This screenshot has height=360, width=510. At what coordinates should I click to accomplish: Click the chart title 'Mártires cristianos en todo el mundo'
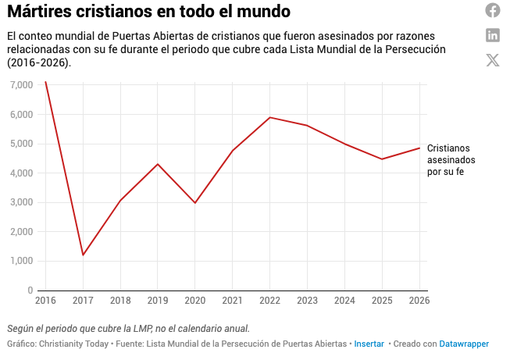(x=148, y=12)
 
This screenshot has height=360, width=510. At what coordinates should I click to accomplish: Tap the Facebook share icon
(x=493, y=10)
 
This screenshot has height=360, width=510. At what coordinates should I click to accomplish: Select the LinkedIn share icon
(x=493, y=34)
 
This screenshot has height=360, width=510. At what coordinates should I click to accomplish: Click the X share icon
(x=493, y=59)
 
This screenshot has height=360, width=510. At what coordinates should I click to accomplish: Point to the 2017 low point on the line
(x=83, y=255)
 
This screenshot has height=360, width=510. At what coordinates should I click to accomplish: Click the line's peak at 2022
(x=269, y=117)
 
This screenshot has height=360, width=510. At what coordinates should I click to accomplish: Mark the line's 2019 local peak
(x=158, y=164)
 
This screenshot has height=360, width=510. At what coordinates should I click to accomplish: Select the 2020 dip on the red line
(x=195, y=203)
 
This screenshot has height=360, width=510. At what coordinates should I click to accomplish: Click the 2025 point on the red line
(x=382, y=159)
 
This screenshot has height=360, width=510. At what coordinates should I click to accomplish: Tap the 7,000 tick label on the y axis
(x=20, y=85)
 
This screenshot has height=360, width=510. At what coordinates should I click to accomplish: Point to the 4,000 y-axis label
(x=20, y=173)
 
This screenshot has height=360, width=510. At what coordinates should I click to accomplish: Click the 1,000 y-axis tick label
(x=20, y=262)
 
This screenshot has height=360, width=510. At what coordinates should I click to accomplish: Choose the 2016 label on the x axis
(x=45, y=301)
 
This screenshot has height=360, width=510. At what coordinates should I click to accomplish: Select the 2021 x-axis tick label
(x=233, y=301)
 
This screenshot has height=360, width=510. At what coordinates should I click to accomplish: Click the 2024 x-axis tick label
(x=344, y=301)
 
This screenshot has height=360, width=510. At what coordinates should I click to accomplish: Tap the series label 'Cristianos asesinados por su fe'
(x=451, y=159)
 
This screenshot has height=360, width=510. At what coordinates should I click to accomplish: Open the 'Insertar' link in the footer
(x=369, y=344)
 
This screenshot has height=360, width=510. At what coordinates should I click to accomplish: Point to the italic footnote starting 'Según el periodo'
(x=128, y=328)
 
